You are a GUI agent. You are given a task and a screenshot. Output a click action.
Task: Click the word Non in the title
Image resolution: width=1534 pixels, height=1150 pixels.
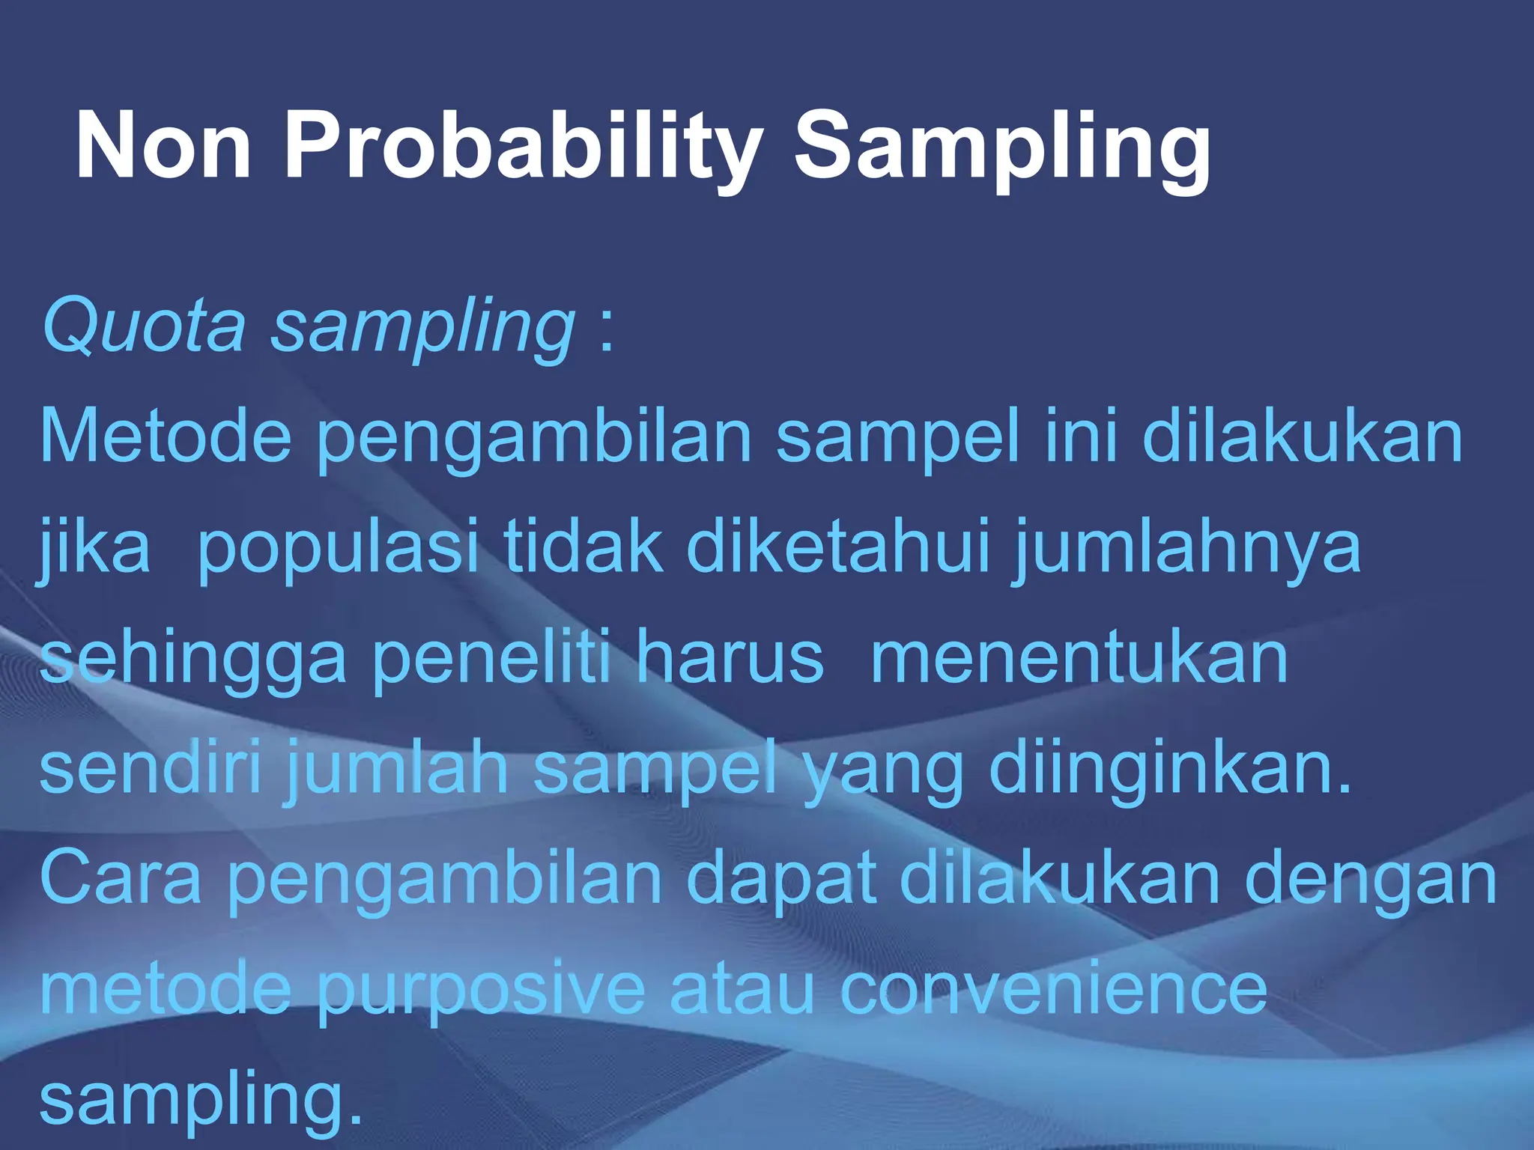(x=163, y=145)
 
